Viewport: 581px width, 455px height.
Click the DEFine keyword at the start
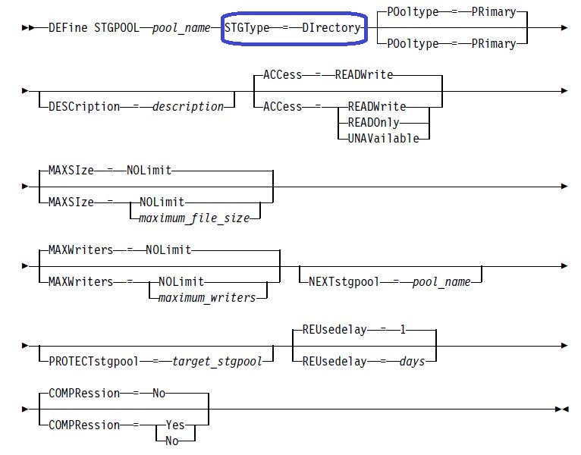68,28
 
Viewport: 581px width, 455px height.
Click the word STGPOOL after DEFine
117,28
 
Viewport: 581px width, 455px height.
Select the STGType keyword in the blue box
247,28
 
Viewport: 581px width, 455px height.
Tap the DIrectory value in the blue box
331,28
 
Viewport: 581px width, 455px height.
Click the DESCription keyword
84,107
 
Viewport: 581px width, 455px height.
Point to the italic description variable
188,107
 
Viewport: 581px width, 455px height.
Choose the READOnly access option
373,122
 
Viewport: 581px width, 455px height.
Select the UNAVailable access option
384,138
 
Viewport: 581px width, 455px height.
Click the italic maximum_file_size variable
194,218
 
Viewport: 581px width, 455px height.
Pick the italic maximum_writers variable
207,297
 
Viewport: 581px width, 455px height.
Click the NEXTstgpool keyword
344,281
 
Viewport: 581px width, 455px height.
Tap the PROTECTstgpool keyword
94,361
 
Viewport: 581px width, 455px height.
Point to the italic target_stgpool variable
217,361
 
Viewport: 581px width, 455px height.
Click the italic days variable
412,361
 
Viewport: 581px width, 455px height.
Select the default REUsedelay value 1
403,329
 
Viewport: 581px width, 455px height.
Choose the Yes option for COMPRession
175,425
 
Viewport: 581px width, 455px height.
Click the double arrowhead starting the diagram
28,28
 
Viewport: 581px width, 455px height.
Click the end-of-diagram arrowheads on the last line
562,409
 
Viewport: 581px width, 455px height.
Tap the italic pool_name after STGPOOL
181,28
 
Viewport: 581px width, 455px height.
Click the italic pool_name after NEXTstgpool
441,282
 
